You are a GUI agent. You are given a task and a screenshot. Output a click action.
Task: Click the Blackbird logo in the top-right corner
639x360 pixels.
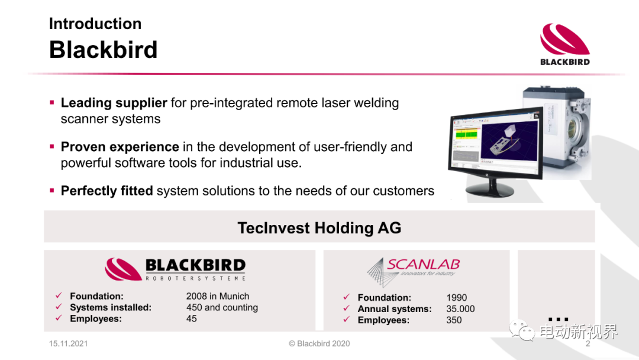click(x=565, y=44)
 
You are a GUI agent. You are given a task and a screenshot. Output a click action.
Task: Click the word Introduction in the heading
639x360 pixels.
click(x=95, y=24)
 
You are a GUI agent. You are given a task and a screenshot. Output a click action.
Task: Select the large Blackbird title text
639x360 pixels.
click(x=103, y=50)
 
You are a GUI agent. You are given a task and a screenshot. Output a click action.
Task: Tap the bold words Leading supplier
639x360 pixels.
click(x=114, y=103)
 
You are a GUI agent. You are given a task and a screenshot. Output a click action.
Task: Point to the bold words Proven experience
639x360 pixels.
click(x=120, y=147)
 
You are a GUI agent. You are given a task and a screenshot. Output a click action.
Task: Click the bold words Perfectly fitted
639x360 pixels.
click(x=106, y=191)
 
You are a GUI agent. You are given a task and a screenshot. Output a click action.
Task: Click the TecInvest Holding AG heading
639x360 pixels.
click(x=319, y=228)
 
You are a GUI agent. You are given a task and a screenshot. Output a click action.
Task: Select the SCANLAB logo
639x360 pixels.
click(x=413, y=272)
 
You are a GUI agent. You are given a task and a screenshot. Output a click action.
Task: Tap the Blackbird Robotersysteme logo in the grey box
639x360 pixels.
click(x=175, y=269)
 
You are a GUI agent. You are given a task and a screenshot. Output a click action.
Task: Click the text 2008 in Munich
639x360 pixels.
click(x=218, y=297)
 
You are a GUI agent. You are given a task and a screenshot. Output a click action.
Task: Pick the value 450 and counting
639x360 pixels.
click(x=222, y=307)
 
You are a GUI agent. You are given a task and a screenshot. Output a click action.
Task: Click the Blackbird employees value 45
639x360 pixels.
click(x=192, y=319)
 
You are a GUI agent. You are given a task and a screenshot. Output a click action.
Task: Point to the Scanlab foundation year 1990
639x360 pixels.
click(x=456, y=298)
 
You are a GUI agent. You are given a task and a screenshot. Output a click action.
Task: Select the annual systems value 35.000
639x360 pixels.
click(x=460, y=309)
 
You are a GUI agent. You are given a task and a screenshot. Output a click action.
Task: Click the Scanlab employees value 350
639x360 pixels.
click(x=454, y=320)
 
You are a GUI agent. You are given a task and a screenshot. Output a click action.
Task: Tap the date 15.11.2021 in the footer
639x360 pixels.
click(x=69, y=343)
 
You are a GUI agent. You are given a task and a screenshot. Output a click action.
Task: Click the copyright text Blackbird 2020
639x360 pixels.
click(x=319, y=343)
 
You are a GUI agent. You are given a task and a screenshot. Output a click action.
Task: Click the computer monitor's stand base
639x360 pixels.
click(x=489, y=189)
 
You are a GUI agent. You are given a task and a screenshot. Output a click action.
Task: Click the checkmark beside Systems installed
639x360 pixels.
click(x=59, y=307)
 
